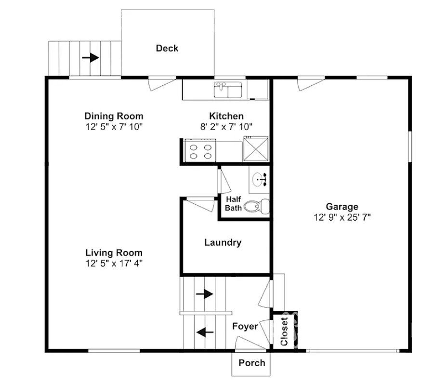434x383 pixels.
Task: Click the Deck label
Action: [x=167, y=48]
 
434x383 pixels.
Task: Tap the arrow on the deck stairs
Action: [x=91, y=58]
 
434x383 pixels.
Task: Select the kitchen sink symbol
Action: [x=228, y=89]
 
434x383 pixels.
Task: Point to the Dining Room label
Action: [x=114, y=116]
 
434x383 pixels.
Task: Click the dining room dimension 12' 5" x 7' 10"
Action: [x=114, y=127]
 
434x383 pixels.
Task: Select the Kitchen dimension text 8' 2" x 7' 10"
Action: [x=226, y=127]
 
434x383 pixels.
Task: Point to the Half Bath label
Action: [x=233, y=203]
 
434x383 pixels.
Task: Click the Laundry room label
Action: [x=223, y=242]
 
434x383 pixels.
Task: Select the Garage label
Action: [x=342, y=207]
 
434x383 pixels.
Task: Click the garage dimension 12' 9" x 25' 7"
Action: [x=342, y=217]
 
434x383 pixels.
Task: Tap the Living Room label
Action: [x=114, y=252]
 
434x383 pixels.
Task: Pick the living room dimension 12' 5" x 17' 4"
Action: [x=114, y=263]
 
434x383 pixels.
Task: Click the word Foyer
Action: [x=245, y=326]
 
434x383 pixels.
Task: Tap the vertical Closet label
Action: [x=284, y=331]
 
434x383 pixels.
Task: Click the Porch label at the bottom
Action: [x=251, y=363]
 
